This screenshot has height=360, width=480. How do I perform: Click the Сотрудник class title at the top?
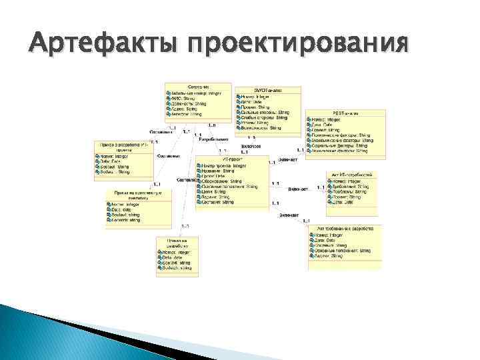[198, 86]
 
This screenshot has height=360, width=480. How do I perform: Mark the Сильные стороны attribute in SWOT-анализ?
[265, 113]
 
